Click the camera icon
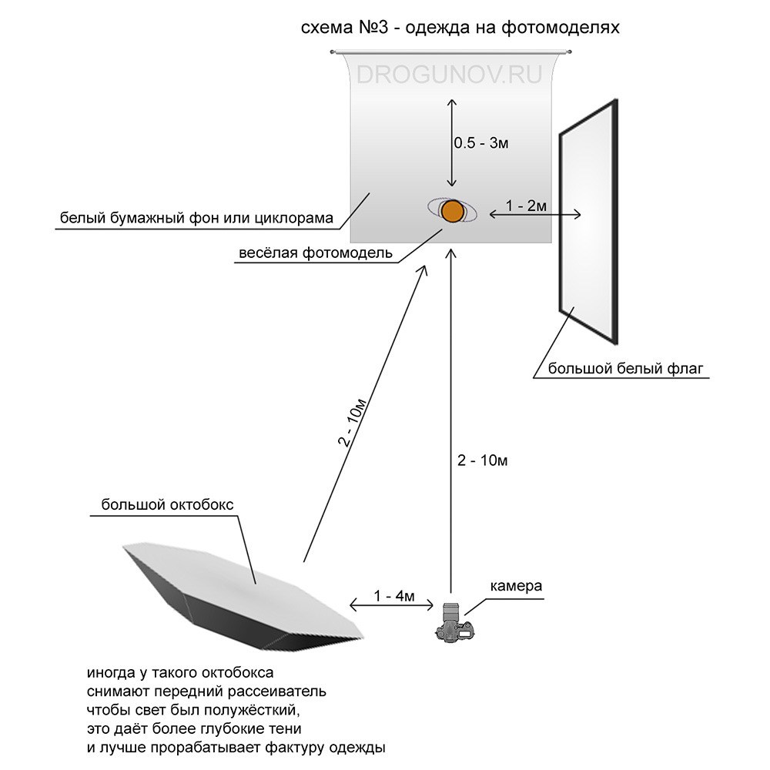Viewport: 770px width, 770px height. click(454, 624)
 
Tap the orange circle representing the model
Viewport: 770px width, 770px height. click(452, 210)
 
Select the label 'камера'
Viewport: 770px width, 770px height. click(516, 586)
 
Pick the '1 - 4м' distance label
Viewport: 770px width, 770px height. click(394, 597)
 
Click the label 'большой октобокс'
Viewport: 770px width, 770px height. click(167, 505)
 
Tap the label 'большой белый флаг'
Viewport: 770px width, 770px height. click(626, 368)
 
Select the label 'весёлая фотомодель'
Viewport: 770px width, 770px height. click(316, 253)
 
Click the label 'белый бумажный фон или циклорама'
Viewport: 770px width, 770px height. click(196, 219)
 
